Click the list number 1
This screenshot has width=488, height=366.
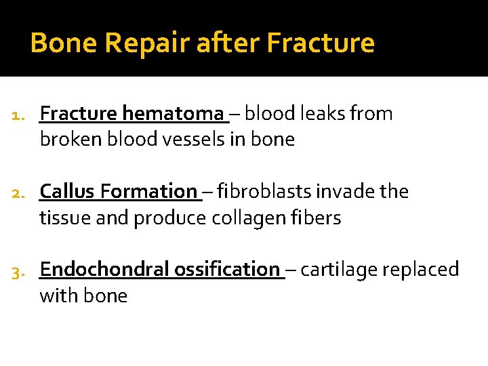click(20, 115)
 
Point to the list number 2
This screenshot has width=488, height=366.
click(20, 192)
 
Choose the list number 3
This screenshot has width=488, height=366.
click(20, 270)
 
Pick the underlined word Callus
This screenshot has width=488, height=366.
click(68, 192)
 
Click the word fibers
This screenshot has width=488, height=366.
click(319, 218)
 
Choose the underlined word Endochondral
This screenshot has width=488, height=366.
click(104, 270)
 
